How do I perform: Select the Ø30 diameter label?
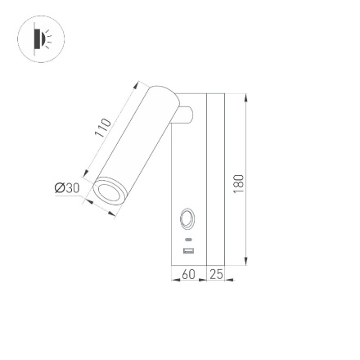coord(66,189)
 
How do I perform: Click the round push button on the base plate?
coord(187,218)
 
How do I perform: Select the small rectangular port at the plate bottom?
coord(187,250)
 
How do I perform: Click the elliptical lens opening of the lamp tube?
coord(112,193)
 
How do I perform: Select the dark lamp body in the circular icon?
coord(36,38)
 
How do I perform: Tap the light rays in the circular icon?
coord(47,39)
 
